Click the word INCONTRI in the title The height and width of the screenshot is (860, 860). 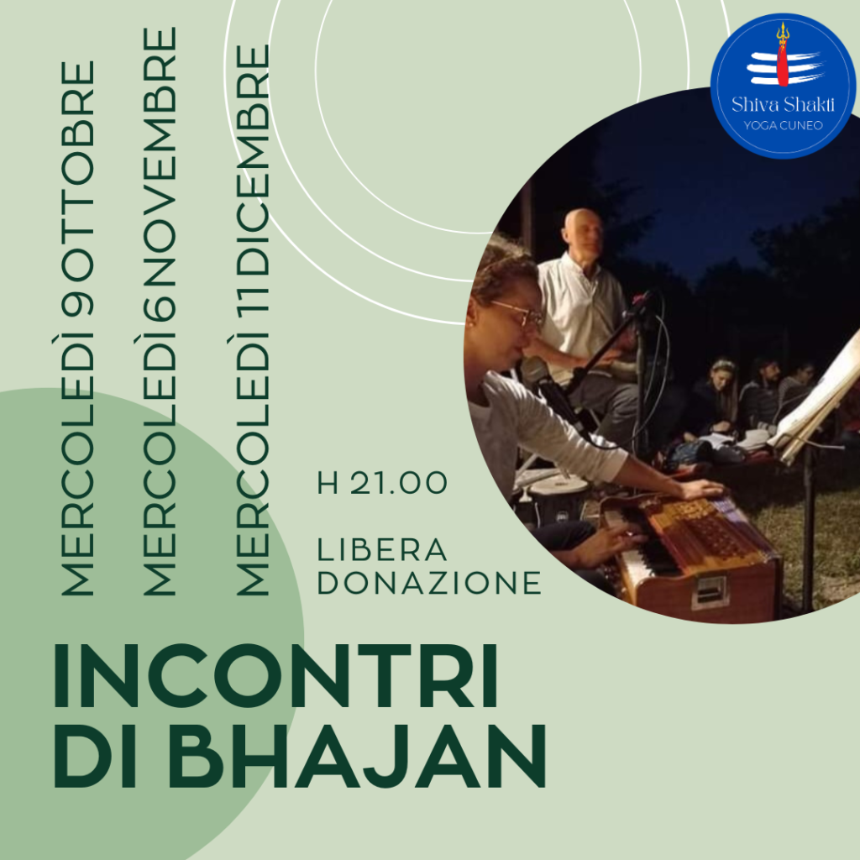[x=275, y=676]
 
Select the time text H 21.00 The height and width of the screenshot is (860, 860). [x=382, y=483]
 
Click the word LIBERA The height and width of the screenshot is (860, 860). [x=382, y=550]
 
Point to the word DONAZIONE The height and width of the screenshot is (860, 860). [x=429, y=583]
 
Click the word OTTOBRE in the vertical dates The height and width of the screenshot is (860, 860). [x=77, y=170]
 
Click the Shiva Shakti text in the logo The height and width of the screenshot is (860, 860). [x=783, y=103]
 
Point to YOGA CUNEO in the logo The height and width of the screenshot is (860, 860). [x=783, y=125]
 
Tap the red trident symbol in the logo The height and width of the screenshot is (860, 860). [x=783, y=54]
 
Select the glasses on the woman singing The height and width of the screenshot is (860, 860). [x=518, y=311]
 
